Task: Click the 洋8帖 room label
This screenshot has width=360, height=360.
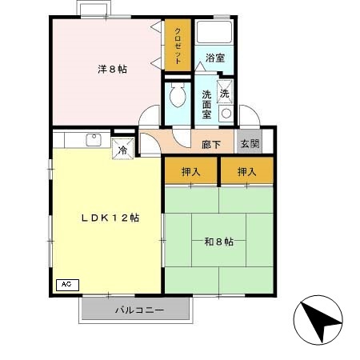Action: tap(111, 69)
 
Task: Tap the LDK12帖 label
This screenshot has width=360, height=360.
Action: tap(109, 218)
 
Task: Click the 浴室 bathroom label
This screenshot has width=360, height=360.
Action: tap(214, 58)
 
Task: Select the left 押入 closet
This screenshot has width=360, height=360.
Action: tap(191, 170)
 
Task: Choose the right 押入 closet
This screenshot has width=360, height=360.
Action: tap(246, 170)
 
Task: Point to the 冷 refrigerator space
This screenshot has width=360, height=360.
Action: tap(123, 150)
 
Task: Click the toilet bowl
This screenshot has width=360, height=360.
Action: tap(177, 99)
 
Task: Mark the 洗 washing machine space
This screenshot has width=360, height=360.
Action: tap(225, 93)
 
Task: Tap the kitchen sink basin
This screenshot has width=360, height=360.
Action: tap(92, 142)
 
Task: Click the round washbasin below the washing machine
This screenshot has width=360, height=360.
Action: tap(226, 114)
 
